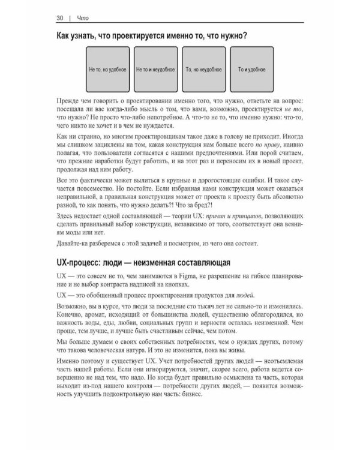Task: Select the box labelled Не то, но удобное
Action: click(x=107, y=70)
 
